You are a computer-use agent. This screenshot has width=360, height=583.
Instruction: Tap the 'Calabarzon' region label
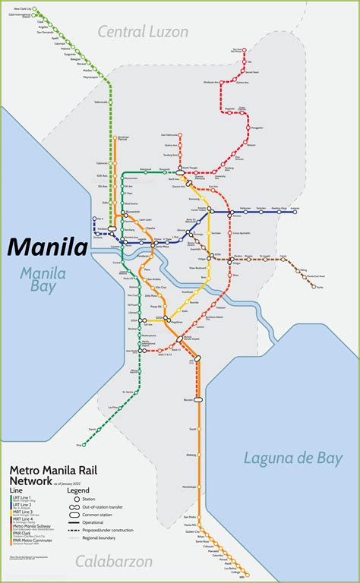tap(115, 561)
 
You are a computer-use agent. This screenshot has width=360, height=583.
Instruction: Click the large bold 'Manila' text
tap(46, 247)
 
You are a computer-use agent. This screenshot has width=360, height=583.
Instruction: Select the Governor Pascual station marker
tap(114, 139)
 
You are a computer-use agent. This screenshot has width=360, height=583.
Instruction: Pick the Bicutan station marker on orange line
tap(200, 399)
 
